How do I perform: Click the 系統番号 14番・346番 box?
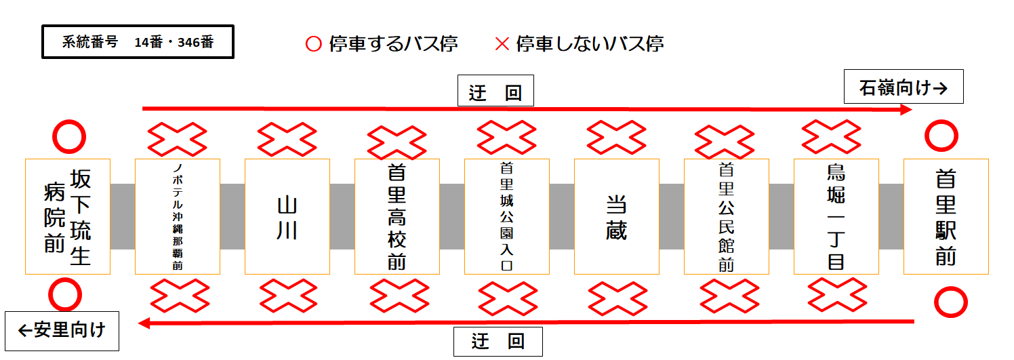[x=138, y=42]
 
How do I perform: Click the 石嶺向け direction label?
[x=903, y=87]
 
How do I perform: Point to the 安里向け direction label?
[x=62, y=330]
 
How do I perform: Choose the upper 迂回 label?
[x=496, y=93]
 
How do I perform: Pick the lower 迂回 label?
[x=498, y=341]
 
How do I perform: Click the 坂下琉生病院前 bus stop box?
[x=67, y=216]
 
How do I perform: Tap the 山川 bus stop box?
[x=287, y=216]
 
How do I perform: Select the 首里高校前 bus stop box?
[x=397, y=216]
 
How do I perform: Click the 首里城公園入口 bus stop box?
[x=506, y=216]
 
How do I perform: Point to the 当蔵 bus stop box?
[x=616, y=216]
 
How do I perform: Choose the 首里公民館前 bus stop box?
[x=726, y=216]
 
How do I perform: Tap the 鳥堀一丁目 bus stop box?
[x=836, y=216]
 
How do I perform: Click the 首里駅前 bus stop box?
[x=946, y=216]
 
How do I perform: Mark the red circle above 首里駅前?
[x=942, y=136]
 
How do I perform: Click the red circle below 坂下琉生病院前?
[x=65, y=296]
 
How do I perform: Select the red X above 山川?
[x=287, y=139]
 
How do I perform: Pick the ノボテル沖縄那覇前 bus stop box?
[x=177, y=216]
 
